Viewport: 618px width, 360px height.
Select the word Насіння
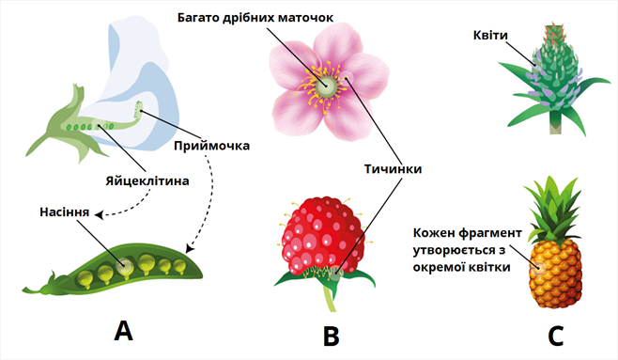click(x=64, y=213)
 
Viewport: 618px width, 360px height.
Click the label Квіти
click(x=491, y=36)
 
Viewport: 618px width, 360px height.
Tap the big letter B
click(x=330, y=334)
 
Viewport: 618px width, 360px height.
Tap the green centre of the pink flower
click(x=329, y=85)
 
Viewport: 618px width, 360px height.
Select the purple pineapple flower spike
click(x=552, y=70)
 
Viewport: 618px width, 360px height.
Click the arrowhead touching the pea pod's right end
click(x=191, y=251)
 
